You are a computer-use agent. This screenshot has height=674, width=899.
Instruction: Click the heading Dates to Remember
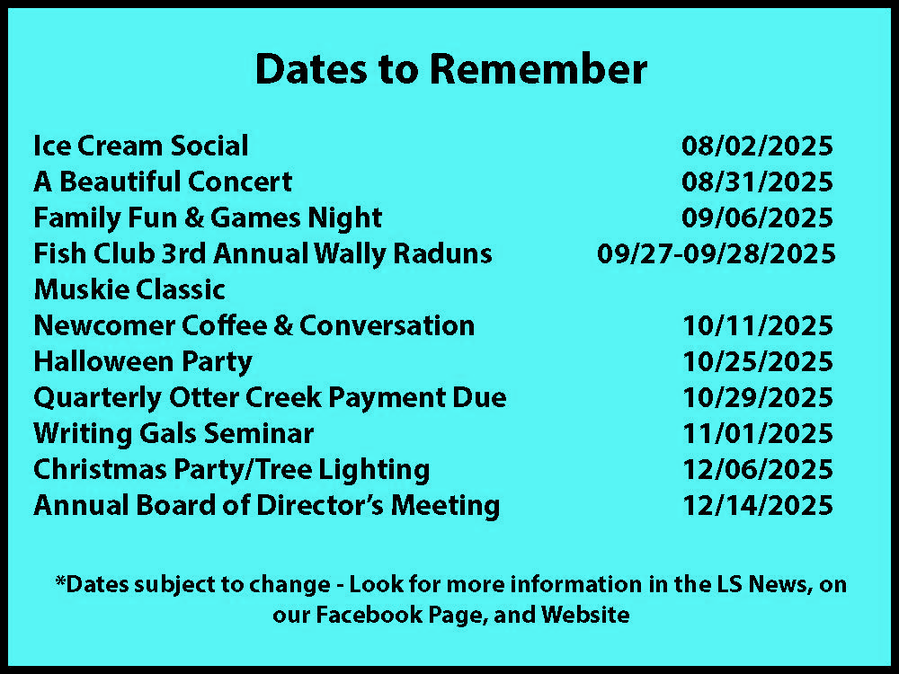(451, 69)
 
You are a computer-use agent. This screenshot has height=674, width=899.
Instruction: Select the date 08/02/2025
(757, 146)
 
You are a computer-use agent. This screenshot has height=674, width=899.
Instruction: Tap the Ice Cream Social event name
(141, 146)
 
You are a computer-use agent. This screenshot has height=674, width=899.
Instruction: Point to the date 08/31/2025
(757, 182)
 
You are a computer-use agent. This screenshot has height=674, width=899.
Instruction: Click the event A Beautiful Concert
(163, 182)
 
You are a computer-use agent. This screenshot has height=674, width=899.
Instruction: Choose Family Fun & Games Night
(209, 217)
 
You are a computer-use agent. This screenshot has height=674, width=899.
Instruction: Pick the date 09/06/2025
(757, 217)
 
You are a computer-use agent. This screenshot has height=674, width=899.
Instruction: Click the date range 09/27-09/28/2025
(717, 253)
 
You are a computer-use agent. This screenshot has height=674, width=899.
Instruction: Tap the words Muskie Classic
(129, 289)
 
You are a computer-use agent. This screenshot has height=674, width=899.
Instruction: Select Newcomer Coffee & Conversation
(254, 325)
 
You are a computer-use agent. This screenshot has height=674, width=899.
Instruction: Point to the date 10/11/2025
(757, 325)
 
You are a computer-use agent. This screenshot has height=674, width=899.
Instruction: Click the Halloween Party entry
(143, 361)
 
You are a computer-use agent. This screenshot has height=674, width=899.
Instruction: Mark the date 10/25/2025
(757, 361)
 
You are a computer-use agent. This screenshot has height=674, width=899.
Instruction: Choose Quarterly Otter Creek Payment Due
(270, 398)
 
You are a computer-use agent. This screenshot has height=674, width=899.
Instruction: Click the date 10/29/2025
(757, 398)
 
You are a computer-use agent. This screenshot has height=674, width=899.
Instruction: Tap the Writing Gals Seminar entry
(174, 433)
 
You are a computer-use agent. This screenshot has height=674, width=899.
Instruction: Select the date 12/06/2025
(757, 469)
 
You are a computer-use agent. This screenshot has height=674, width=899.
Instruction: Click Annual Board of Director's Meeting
(267, 505)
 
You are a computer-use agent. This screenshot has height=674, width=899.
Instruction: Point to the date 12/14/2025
(757, 505)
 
